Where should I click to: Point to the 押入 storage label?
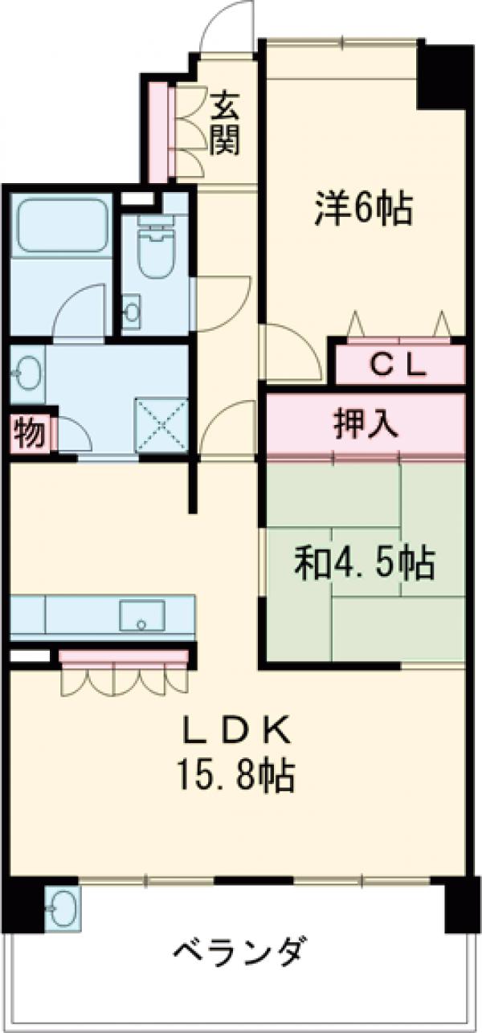pyautogui.click(x=366, y=423)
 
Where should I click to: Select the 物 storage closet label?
pyautogui.click(x=29, y=435)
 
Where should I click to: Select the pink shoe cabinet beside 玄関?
pyautogui.click(x=159, y=131)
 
